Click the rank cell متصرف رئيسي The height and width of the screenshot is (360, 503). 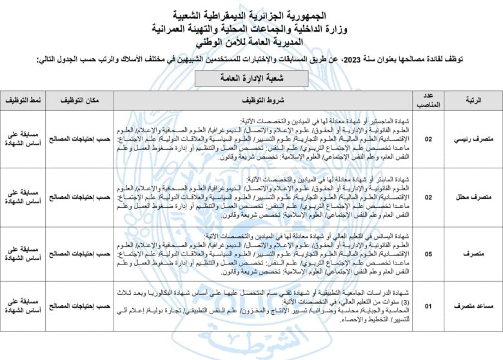476,139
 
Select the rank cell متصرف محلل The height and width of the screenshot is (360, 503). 476,197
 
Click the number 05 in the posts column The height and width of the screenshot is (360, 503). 428,254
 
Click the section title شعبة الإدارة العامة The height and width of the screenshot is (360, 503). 251,77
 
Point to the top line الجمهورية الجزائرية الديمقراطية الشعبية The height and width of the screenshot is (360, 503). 251,15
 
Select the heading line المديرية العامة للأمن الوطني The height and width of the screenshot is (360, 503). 251,41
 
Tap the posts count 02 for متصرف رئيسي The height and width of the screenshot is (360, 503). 428,139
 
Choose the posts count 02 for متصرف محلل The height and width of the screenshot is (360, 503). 428,197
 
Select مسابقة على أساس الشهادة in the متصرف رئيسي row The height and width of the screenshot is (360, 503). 25,139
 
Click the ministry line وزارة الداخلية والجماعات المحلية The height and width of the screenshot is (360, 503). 251,28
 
